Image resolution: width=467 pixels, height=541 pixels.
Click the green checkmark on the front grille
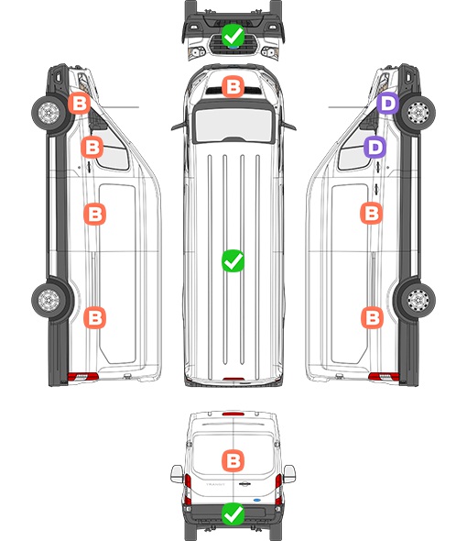coord(233,35)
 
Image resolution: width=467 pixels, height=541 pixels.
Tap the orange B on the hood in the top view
coord(233,86)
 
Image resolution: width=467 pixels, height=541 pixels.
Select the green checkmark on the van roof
coord(233,260)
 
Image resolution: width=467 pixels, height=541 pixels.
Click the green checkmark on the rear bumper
coord(233,514)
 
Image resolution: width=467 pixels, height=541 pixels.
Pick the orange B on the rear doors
coord(233,460)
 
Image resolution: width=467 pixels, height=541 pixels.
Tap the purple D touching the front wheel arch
coord(387,104)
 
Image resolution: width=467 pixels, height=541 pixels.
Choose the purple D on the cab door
coord(375,147)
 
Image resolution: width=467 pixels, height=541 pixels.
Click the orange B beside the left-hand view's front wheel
coord(79,104)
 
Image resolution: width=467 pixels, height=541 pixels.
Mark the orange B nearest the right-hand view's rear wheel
coord(372,317)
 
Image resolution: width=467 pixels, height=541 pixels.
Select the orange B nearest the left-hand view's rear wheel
coord(95,317)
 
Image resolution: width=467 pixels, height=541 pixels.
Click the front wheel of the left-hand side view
coord(49,113)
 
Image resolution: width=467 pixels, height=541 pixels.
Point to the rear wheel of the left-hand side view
coord(49,300)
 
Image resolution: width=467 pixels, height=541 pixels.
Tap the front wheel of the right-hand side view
coord(418,113)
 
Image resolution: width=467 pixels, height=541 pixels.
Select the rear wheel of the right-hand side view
coord(418,300)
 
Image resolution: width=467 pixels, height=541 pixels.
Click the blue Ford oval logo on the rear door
coord(257,500)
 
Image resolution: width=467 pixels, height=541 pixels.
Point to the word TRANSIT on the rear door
coord(215,484)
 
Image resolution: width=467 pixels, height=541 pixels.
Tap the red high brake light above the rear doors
coord(233,414)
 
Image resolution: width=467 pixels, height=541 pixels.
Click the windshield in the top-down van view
coord(233,124)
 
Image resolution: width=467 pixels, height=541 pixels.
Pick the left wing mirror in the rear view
coord(177,474)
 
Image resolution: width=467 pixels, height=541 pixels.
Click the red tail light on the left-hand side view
coord(82,377)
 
